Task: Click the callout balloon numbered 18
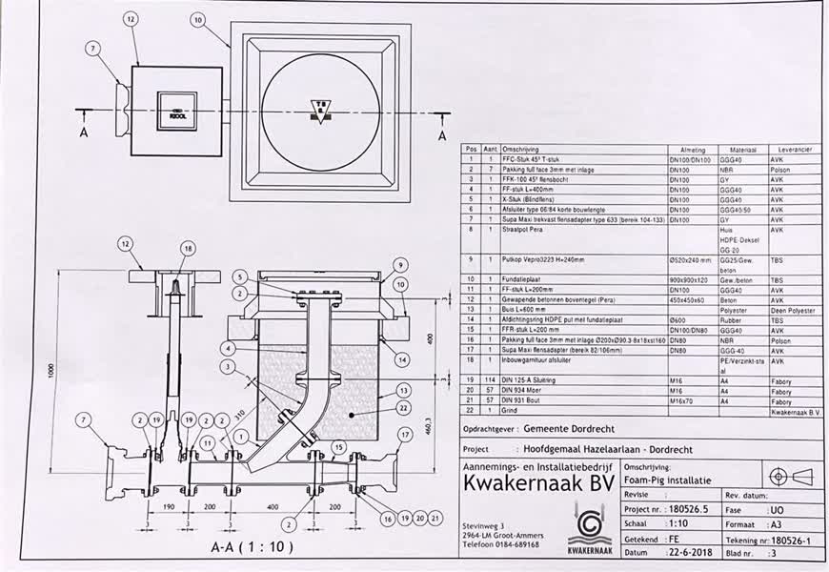188,248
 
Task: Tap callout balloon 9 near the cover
401,265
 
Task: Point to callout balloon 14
403,360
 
